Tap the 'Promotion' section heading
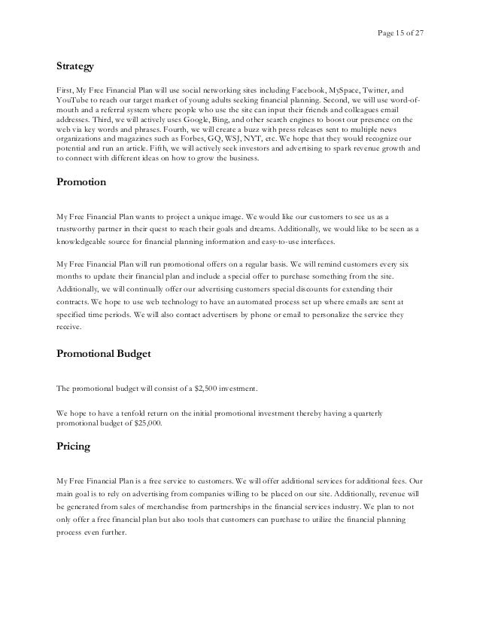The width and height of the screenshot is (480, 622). pos(81,181)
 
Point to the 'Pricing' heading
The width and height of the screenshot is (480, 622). pos(73,446)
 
